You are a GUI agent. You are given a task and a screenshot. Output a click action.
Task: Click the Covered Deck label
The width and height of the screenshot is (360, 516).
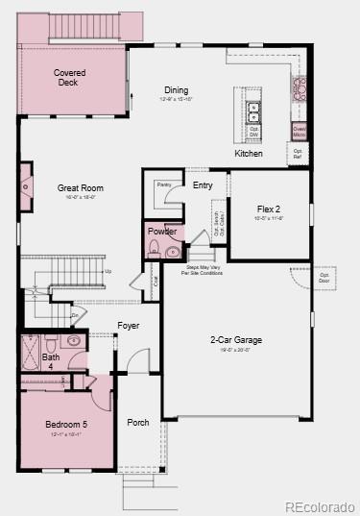tap(69, 78)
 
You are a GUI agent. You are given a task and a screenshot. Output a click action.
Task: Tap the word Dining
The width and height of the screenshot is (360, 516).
tap(177, 90)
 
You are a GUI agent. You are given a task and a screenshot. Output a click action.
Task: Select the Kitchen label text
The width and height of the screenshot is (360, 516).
tap(249, 154)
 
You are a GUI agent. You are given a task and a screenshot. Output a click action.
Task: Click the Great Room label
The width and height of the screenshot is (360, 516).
tap(81, 188)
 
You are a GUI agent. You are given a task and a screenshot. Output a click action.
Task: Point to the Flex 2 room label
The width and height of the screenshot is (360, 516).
tap(269, 209)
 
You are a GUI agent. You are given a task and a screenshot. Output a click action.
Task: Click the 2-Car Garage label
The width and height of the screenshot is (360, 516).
tap(236, 340)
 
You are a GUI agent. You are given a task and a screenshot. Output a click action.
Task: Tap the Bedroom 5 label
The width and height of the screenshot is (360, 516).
tap(65, 425)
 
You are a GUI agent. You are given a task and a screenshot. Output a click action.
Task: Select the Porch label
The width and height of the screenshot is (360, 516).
tap(138, 422)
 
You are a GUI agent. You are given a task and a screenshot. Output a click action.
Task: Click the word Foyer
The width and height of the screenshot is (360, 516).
tap(129, 326)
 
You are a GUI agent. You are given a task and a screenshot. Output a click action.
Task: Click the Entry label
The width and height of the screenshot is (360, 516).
tap(203, 185)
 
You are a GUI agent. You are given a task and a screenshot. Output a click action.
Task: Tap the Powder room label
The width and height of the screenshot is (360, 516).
tap(162, 232)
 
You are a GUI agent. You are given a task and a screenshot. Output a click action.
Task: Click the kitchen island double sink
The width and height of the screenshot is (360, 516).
tap(254, 113)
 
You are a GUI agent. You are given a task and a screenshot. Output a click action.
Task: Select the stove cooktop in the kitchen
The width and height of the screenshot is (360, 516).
tap(300, 89)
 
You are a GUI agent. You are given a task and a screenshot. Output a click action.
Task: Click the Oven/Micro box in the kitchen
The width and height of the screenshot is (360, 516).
tap(300, 131)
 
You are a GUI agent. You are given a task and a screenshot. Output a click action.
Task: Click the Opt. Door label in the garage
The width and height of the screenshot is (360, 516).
tap(325, 279)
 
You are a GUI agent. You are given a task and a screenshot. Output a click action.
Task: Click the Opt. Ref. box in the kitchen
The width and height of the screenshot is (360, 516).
tap(298, 153)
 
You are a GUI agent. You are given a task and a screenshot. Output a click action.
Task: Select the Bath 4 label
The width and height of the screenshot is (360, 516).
tap(50, 361)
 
